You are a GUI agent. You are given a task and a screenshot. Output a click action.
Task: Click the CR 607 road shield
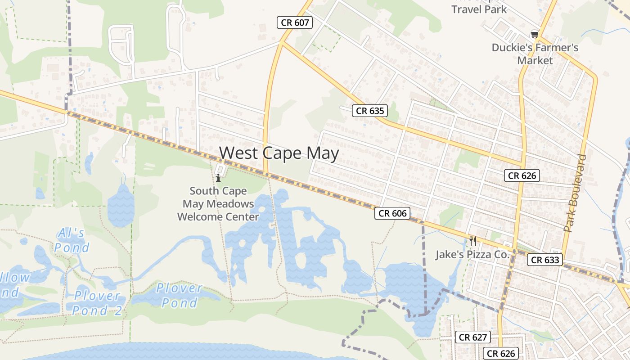click(294, 22)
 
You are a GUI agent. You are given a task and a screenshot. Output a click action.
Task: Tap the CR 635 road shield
click(370, 111)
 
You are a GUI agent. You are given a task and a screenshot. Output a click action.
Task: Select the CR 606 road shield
click(392, 213)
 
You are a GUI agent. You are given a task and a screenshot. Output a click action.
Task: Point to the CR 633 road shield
click(545, 260)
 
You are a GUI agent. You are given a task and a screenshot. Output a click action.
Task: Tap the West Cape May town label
click(279, 153)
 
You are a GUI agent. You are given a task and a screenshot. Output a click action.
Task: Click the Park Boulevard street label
click(576, 193)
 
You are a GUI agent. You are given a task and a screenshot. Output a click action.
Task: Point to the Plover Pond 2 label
click(97, 303)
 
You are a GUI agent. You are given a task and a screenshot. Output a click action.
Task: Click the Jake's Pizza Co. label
click(472, 255)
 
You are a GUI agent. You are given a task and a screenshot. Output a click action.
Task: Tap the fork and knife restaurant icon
click(472, 241)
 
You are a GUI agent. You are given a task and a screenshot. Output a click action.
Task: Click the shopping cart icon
click(535, 34)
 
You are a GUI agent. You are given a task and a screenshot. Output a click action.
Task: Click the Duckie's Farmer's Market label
click(535, 54)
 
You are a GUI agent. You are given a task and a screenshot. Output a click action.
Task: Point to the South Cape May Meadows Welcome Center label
click(218, 204)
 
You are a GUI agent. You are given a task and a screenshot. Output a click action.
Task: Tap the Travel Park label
click(479, 9)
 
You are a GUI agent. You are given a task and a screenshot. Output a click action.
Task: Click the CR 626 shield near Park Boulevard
click(522, 175)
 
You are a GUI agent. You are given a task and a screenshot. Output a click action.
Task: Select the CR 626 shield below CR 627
click(501, 354)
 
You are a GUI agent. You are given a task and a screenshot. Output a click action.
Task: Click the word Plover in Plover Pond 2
click(97, 296)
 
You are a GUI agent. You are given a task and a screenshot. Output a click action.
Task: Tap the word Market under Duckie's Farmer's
click(535, 60)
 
